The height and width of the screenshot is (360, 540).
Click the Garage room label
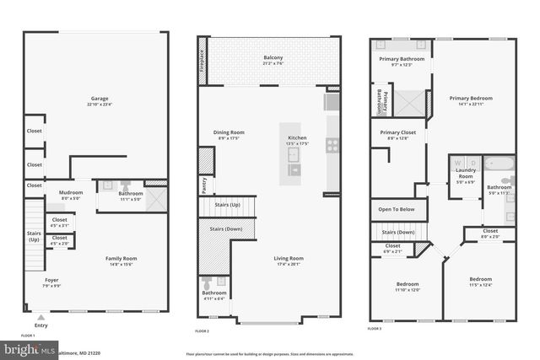100,99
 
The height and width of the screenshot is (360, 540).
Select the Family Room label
120,259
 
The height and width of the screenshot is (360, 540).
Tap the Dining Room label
228,132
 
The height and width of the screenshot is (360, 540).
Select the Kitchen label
297,137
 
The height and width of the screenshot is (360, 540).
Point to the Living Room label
289,259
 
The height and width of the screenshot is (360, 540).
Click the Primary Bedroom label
471,99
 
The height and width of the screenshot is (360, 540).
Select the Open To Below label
396,209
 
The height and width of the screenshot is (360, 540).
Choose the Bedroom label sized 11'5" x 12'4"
480,280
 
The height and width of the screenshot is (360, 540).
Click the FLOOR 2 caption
202,330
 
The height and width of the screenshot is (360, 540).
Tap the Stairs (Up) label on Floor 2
227,205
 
